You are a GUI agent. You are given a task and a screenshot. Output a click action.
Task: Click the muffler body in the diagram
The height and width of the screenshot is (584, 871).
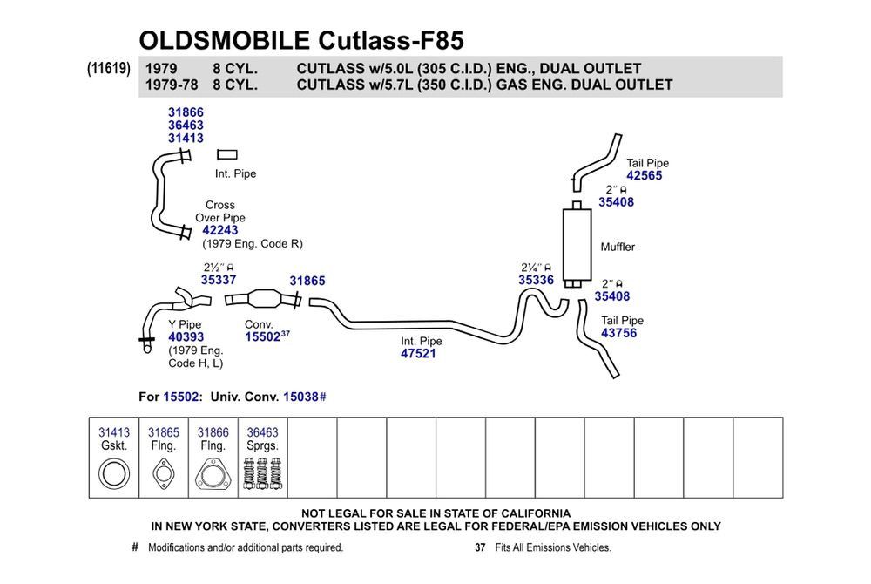(577, 244)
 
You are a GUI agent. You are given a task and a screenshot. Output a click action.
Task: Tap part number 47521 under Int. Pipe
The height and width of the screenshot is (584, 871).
(418, 353)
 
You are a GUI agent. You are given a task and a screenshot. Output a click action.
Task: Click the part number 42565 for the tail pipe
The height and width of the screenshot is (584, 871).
(645, 175)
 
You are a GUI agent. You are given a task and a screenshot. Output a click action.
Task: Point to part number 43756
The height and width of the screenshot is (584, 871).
(618, 333)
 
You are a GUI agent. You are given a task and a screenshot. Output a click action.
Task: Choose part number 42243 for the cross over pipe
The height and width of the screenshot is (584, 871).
(220, 230)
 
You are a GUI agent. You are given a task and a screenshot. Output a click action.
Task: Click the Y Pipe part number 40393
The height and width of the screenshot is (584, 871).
(186, 336)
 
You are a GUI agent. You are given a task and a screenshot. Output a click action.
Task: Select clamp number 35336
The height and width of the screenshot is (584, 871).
(536, 280)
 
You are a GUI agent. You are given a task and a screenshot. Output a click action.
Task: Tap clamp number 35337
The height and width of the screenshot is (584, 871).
(219, 280)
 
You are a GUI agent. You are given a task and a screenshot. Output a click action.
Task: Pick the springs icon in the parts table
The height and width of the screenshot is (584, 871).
(263, 473)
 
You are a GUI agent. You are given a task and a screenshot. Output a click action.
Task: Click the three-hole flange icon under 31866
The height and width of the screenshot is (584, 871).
(213, 475)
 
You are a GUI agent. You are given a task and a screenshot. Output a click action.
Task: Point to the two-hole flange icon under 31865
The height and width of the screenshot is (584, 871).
(164, 474)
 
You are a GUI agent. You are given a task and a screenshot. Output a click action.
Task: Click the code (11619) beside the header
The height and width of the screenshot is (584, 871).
(108, 68)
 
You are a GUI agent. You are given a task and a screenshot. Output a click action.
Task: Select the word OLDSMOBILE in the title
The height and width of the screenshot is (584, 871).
(225, 41)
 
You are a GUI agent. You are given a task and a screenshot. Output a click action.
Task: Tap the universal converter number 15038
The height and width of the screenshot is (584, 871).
(301, 397)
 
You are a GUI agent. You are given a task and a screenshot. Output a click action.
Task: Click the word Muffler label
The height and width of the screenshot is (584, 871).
(618, 247)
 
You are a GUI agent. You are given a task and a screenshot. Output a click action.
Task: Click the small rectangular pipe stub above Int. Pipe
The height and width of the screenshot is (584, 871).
(227, 154)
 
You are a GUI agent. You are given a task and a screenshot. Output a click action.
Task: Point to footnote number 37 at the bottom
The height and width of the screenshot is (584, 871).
(480, 547)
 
